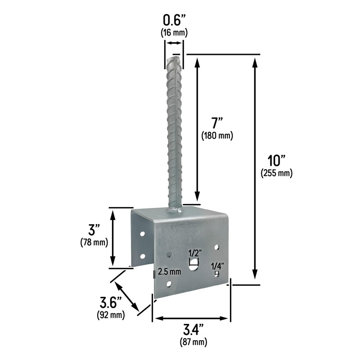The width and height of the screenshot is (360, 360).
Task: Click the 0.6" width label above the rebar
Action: [x=174, y=20]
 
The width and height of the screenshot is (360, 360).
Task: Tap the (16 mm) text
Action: [x=174, y=32]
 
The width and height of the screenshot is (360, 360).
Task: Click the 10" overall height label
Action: [x=276, y=161]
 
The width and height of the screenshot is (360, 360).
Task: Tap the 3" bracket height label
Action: [x=94, y=230]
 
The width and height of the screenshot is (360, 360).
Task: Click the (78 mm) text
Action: [x=94, y=243]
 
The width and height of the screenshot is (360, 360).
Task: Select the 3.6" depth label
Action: [x=110, y=302]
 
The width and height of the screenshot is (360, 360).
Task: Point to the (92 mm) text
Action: [x=110, y=315]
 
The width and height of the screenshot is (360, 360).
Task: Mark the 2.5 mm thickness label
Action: [x=169, y=271]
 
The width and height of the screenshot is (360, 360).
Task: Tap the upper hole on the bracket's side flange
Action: [x=142, y=234]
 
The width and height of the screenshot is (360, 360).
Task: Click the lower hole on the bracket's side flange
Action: [x=142, y=256]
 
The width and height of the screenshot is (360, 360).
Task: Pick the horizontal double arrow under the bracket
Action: [x=191, y=319]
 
